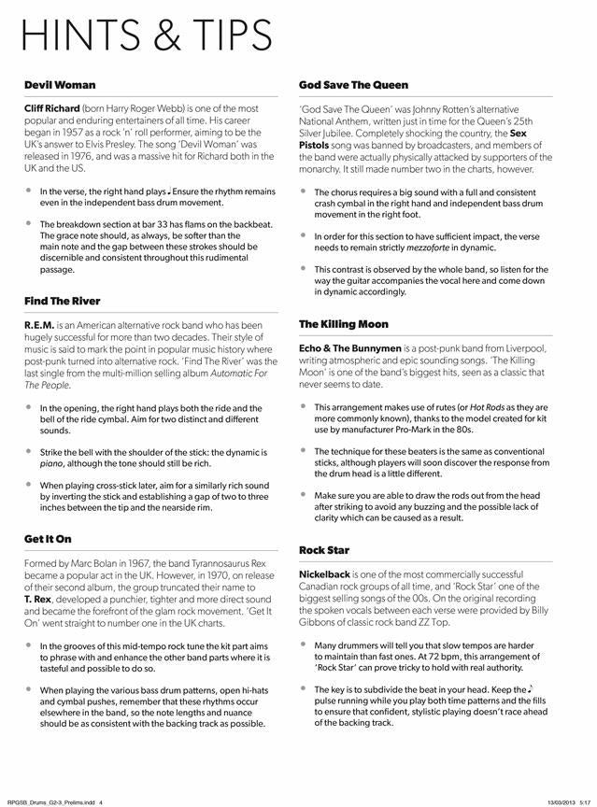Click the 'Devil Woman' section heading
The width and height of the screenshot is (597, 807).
pyautogui.click(x=60, y=85)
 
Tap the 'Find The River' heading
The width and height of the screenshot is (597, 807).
pyautogui.click(x=63, y=301)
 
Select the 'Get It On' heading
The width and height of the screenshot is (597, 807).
pyautogui.click(x=48, y=539)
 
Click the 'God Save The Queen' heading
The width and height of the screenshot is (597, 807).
pyautogui.click(x=349, y=85)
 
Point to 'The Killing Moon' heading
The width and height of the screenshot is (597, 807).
pyautogui.click(x=343, y=324)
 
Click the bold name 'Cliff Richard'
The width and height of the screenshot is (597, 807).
pyautogui.click(x=52, y=108)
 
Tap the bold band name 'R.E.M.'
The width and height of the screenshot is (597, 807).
pyautogui.click(x=39, y=325)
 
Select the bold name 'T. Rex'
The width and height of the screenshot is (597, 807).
pyautogui.click(x=37, y=598)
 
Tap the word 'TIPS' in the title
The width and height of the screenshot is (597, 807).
pyautogui.click(x=224, y=35)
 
